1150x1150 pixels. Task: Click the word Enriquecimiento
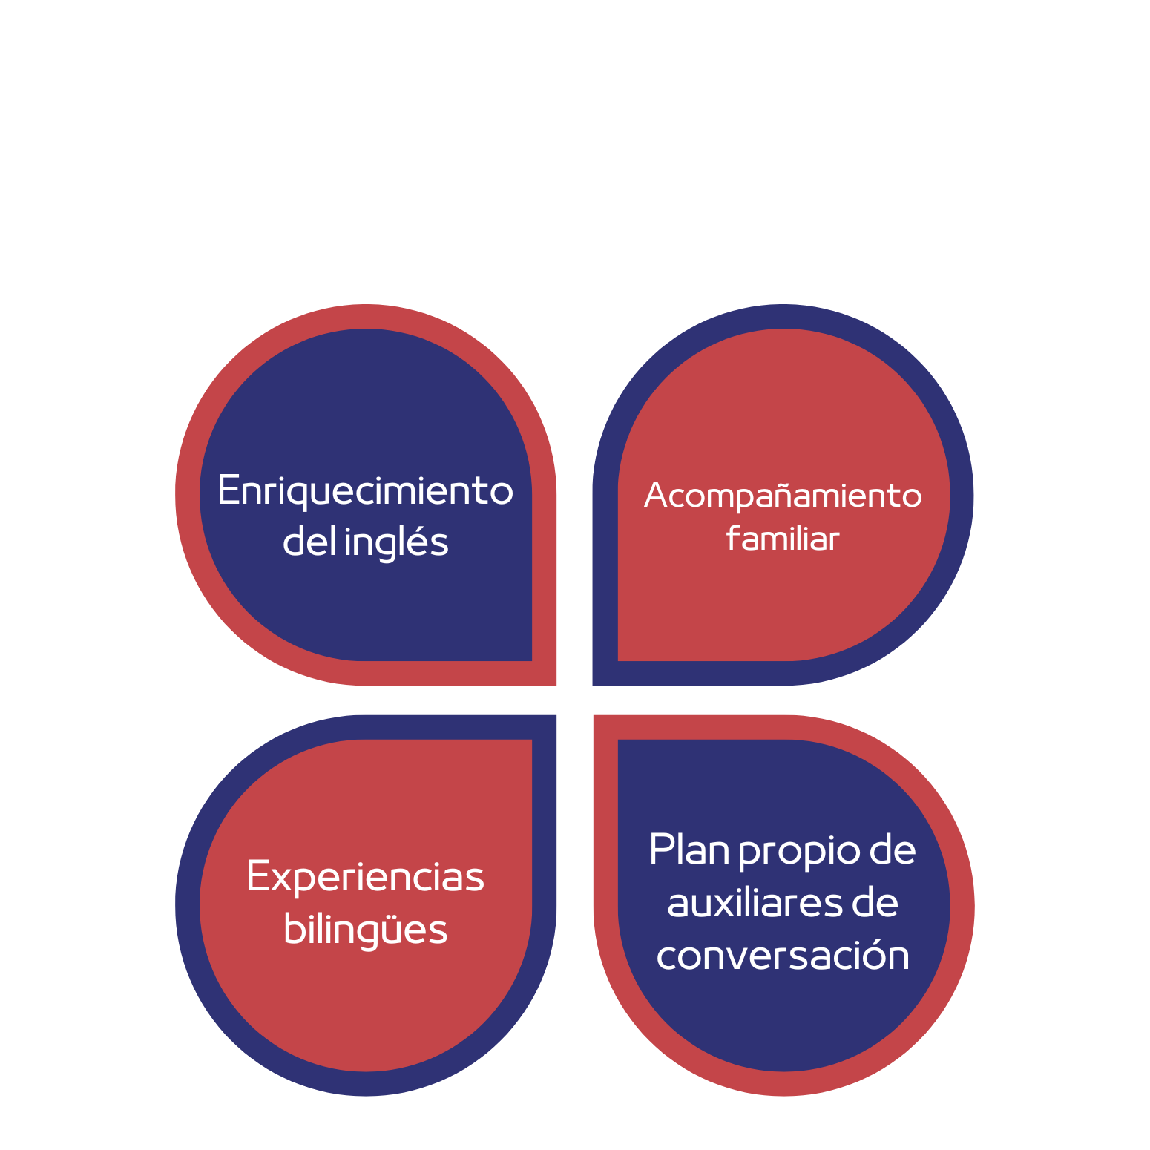pos(365,491)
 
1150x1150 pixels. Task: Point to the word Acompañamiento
pos(783,496)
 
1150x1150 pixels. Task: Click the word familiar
pos(783,538)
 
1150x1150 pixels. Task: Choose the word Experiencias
pos(365,878)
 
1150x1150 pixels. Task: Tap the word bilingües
pos(365,930)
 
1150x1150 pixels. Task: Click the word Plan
pos(689,850)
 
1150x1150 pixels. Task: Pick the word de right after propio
pos(893,850)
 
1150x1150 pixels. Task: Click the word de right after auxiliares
pos(875,903)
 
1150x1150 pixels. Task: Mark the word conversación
pos(783,955)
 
